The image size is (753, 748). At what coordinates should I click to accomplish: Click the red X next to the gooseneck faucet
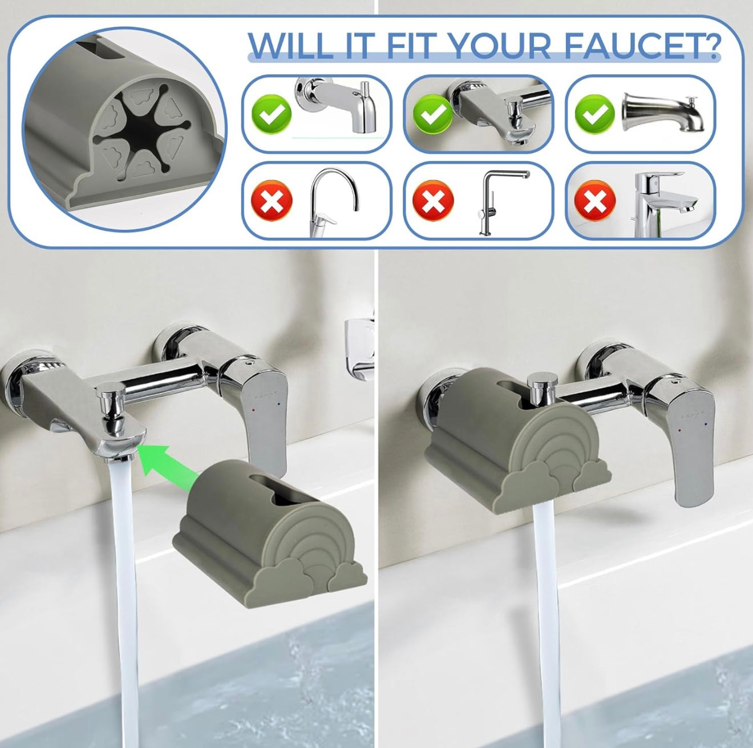point(271,200)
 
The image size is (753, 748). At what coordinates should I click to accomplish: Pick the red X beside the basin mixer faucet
point(595,200)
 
